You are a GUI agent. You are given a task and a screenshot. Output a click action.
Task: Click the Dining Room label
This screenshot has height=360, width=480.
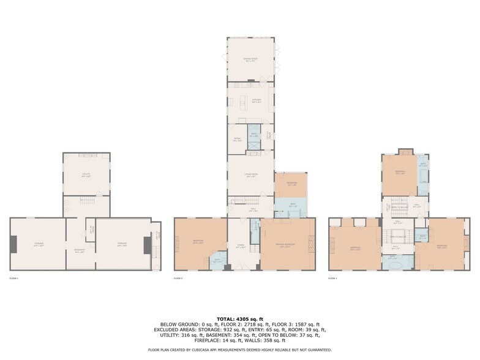click(x=250, y=60)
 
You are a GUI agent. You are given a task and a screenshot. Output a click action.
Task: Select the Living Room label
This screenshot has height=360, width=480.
click(x=250, y=175)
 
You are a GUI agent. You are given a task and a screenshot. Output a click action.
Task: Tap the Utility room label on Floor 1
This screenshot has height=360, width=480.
click(x=86, y=174)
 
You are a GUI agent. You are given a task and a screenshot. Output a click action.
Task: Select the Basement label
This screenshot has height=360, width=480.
click(x=80, y=244)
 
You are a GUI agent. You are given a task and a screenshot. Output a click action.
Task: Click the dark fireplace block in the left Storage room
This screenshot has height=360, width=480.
click(x=13, y=244)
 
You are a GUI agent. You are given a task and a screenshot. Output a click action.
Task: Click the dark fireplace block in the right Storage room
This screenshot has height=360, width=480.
click(x=147, y=245)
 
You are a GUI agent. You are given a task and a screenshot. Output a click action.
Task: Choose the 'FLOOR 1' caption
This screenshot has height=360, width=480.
click(x=14, y=279)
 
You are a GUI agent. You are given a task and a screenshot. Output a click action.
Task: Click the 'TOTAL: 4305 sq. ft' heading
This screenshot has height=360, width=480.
click(x=240, y=319)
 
